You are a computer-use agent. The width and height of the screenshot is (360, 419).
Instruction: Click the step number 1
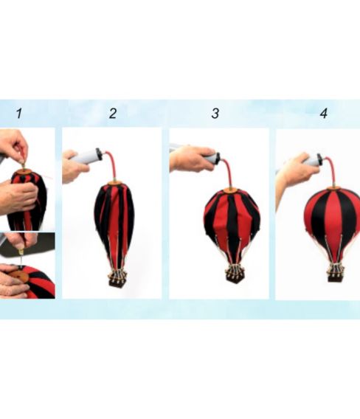coord(18,113)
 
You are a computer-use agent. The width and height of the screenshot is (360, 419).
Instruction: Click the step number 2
coord(113,113)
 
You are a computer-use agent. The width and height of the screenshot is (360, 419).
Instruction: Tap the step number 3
coord(215,113)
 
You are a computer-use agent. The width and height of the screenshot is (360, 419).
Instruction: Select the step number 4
coord(324,113)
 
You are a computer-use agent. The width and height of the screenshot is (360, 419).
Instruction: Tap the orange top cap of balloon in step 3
coord(231,190)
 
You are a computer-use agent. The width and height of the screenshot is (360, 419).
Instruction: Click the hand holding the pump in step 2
coord(74,167)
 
